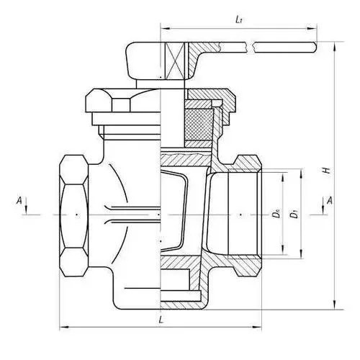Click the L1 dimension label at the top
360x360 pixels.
[x=238, y=20]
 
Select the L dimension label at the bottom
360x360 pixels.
[x=161, y=320]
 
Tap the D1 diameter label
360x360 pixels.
[x=294, y=214]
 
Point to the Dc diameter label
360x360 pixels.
[x=277, y=214]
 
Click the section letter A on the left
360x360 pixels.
[x=19, y=200]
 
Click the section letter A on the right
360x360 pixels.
[x=330, y=200]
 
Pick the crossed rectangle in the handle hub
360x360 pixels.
[x=176, y=60]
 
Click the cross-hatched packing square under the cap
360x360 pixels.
[x=199, y=125]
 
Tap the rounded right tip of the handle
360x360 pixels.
[x=314, y=48]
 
